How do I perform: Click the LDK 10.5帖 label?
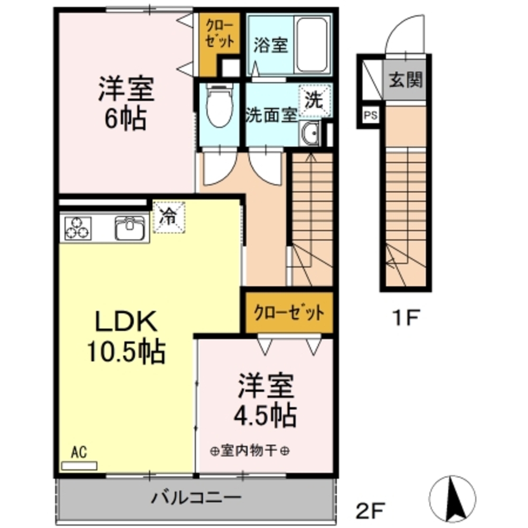point(125,336)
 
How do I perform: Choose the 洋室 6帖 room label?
point(125,103)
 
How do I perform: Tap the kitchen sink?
point(130,228)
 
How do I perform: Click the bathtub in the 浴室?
point(313,45)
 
